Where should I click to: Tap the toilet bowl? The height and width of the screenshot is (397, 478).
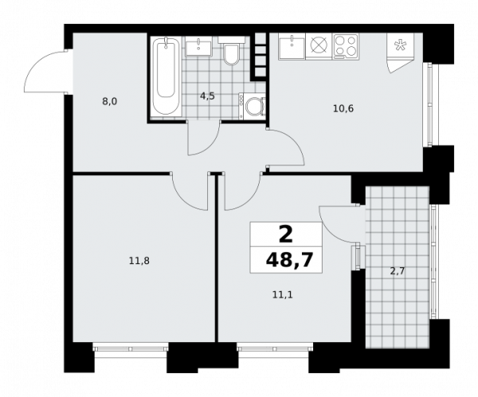coord(231,51)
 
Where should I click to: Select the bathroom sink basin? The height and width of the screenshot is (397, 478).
coord(198,47)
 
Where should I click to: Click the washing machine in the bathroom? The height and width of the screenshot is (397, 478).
coord(252,106)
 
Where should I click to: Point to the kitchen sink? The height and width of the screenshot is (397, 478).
coord(292,46)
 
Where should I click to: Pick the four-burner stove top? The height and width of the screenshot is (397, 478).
coord(346,46)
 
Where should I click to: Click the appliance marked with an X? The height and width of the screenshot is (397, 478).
coord(319,46)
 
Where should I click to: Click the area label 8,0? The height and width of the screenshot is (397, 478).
coord(109,101)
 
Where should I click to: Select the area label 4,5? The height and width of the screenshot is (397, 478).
coord(208,96)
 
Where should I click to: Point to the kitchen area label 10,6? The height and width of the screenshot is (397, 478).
coord(343,108)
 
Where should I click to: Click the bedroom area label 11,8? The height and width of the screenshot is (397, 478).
coord(139,261)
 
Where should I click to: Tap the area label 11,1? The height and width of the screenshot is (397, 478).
coord(283,294)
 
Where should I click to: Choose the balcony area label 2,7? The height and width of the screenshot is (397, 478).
coord(398,271)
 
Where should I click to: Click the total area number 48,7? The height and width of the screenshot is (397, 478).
coord(290,259)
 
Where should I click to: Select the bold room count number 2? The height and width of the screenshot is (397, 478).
coord(286,235)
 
